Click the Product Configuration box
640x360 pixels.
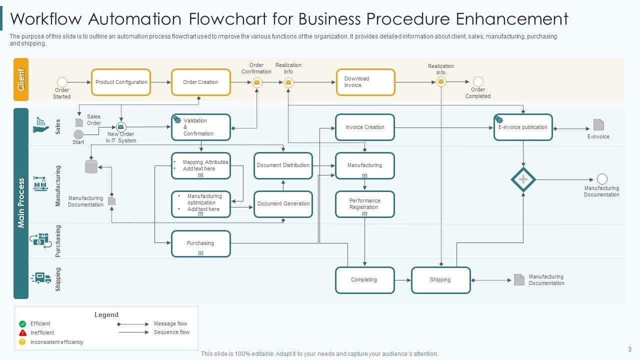(x=121, y=82)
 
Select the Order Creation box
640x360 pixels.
(x=200, y=82)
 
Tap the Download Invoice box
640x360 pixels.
(x=365, y=82)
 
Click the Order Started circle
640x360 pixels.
(x=62, y=82)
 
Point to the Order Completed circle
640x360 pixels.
(x=478, y=81)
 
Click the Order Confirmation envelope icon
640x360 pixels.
(x=256, y=83)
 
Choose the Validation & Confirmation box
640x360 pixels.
(x=200, y=127)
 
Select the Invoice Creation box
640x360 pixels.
(x=365, y=127)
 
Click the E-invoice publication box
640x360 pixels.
(x=523, y=127)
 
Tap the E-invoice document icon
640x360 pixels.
(x=598, y=125)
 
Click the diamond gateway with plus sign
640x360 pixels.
(x=523, y=179)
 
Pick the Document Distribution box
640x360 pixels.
(x=283, y=165)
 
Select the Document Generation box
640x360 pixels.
(x=283, y=204)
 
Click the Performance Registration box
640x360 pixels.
(x=365, y=204)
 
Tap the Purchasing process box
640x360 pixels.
(x=200, y=243)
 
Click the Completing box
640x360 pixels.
(x=364, y=280)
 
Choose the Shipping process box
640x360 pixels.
(x=440, y=280)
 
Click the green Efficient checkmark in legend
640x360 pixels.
(x=22, y=324)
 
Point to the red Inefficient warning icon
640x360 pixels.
(x=22, y=333)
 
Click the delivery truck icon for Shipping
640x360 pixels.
(x=41, y=278)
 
